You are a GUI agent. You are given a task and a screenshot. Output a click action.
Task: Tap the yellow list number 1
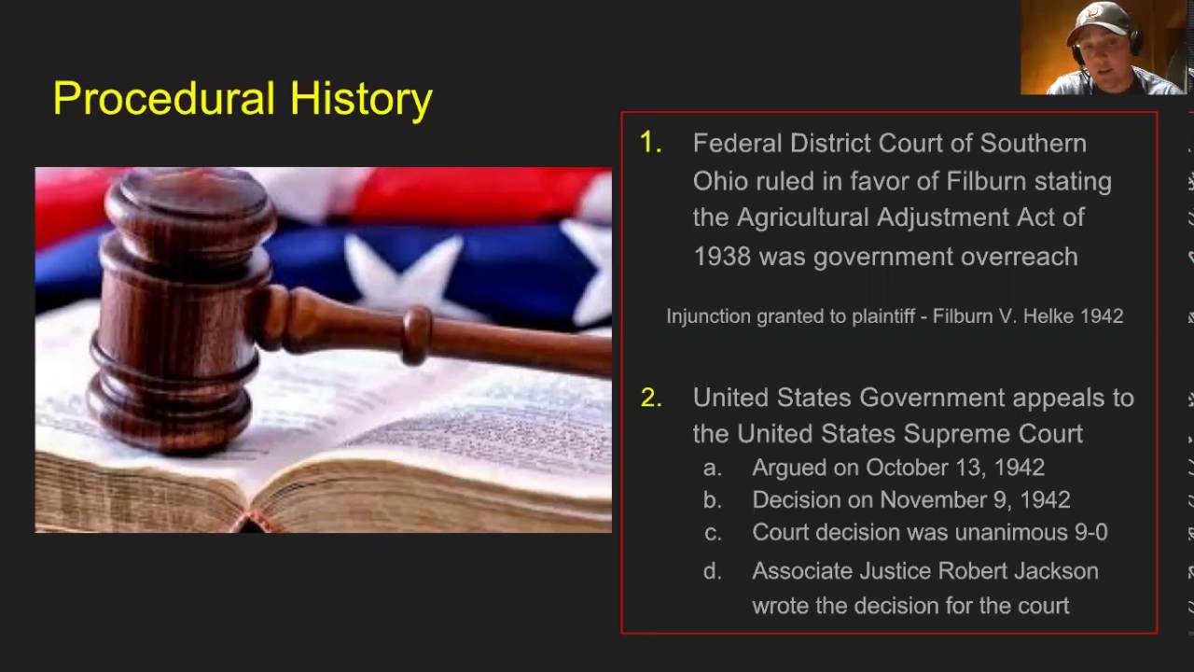click(650, 143)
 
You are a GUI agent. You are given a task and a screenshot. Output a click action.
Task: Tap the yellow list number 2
click(650, 398)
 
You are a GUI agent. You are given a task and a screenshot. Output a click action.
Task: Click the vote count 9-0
click(1089, 533)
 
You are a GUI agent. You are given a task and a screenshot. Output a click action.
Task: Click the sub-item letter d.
click(713, 571)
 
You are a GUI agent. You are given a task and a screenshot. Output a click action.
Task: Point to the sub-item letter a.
click(713, 468)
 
